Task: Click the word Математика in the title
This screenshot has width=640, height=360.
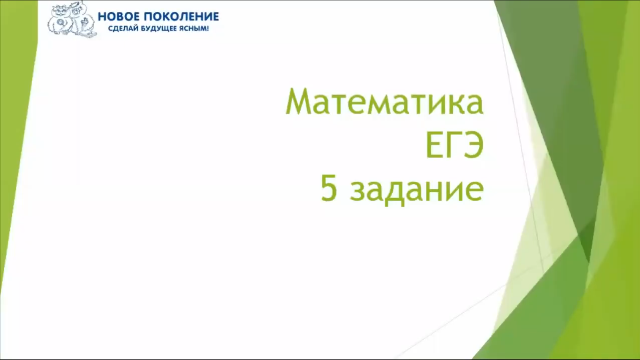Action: coord(384,102)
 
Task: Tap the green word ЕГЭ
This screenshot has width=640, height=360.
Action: coord(454,145)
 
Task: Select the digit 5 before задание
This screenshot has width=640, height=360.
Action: coord(329,188)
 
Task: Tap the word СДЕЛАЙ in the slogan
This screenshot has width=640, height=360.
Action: coord(121,29)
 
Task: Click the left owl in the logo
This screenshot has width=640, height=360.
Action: coord(60,21)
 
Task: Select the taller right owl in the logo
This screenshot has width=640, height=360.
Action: coord(79,18)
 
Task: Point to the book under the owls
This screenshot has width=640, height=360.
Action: coord(89,35)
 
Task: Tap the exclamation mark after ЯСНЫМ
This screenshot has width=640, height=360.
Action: coord(208,29)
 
